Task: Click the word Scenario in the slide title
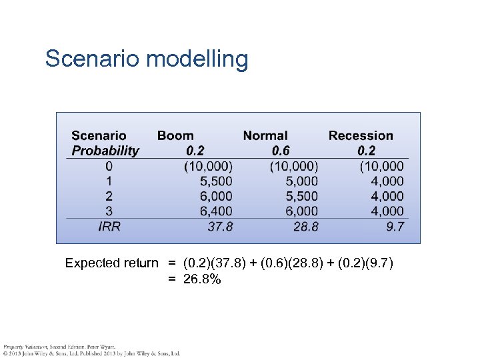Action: (x=92, y=59)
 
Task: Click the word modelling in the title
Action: (x=197, y=60)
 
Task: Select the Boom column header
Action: (x=175, y=136)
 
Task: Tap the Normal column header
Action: (x=265, y=136)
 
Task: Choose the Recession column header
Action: (x=361, y=136)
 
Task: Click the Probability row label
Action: (x=105, y=151)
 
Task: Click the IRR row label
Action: (x=109, y=227)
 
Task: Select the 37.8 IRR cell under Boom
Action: (x=220, y=227)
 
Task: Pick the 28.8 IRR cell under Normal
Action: (x=306, y=227)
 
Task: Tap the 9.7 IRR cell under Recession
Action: (x=395, y=227)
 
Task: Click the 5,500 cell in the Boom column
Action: (x=216, y=181)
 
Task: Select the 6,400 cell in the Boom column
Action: (x=216, y=211)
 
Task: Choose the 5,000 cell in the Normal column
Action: (x=301, y=181)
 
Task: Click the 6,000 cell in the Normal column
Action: (x=301, y=211)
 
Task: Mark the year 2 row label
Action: (x=109, y=196)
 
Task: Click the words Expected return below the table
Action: (x=111, y=263)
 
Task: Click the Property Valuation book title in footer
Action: (x=26, y=347)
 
